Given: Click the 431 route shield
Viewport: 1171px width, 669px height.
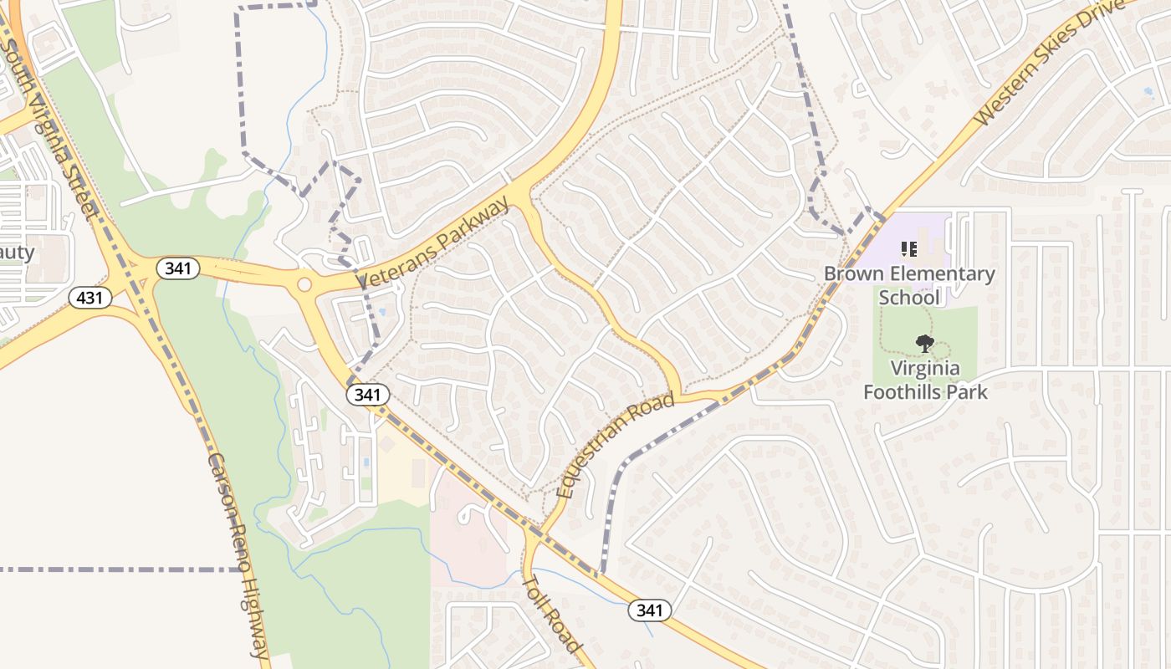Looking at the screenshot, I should click(90, 298).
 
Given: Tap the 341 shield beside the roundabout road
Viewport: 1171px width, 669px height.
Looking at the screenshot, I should click(178, 268).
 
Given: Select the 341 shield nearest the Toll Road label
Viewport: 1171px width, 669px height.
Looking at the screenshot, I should click(649, 610).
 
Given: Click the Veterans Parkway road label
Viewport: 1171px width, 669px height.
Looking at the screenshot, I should click(434, 243).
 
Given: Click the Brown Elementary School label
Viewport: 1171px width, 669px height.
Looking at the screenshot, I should click(909, 285).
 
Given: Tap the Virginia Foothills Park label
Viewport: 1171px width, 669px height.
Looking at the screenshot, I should click(925, 380).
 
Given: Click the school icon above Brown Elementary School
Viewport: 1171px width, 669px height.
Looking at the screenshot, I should click(908, 248).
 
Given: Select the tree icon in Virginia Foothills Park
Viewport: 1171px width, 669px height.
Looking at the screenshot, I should click(924, 343).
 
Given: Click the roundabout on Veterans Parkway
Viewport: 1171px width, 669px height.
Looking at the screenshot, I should click(304, 285).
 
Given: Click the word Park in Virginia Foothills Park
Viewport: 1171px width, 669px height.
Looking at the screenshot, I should click(965, 391).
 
